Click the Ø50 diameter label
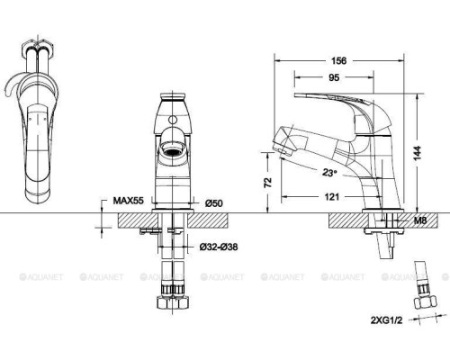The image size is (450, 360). click(213, 203)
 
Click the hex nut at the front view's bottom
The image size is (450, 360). click(175, 296)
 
